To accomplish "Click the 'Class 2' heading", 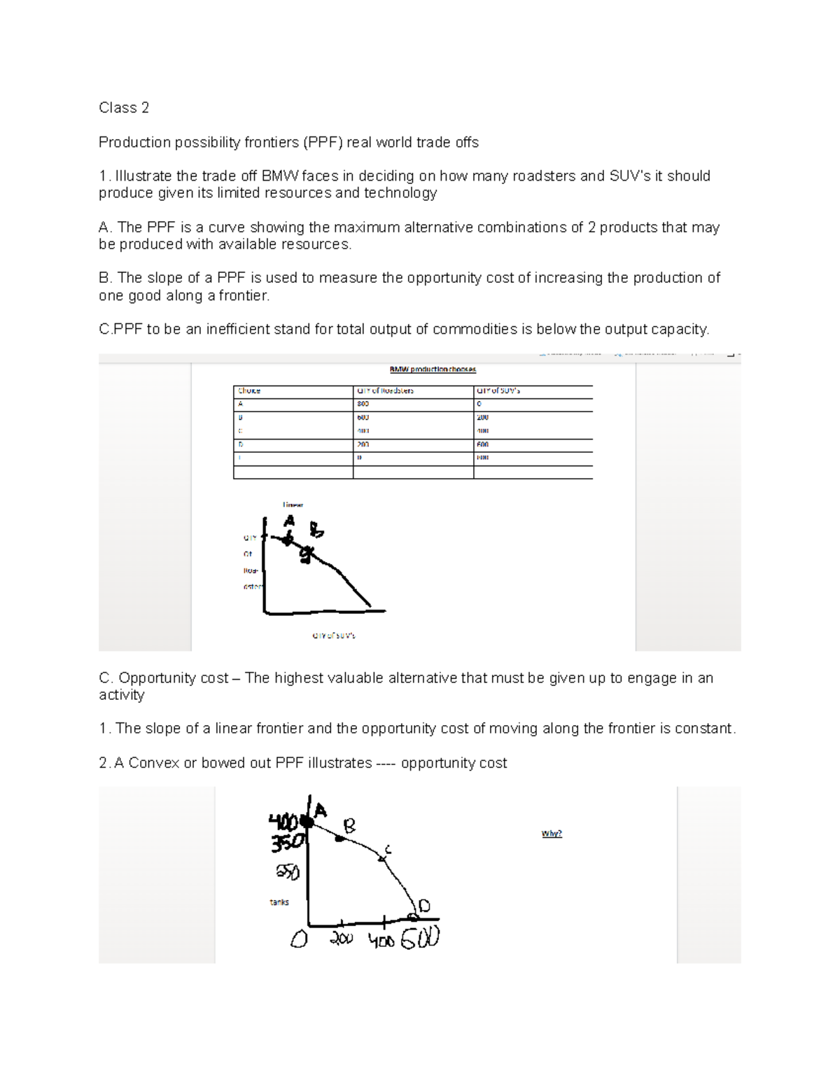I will tap(124, 108).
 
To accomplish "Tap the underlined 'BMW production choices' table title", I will tap(433, 370).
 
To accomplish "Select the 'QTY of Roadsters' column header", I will tap(386, 391).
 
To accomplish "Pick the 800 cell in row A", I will tap(362, 404).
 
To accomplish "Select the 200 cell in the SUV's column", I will tap(482, 417).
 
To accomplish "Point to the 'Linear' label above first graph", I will tap(293, 504).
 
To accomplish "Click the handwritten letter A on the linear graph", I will tap(288, 522).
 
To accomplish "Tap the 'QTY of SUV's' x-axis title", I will tap(334, 636).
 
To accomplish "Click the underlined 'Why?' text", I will tap(552, 834).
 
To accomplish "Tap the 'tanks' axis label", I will tap(279, 902).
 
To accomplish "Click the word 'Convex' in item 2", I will tap(153, 763).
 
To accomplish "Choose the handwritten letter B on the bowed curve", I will tap(349, 826).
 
